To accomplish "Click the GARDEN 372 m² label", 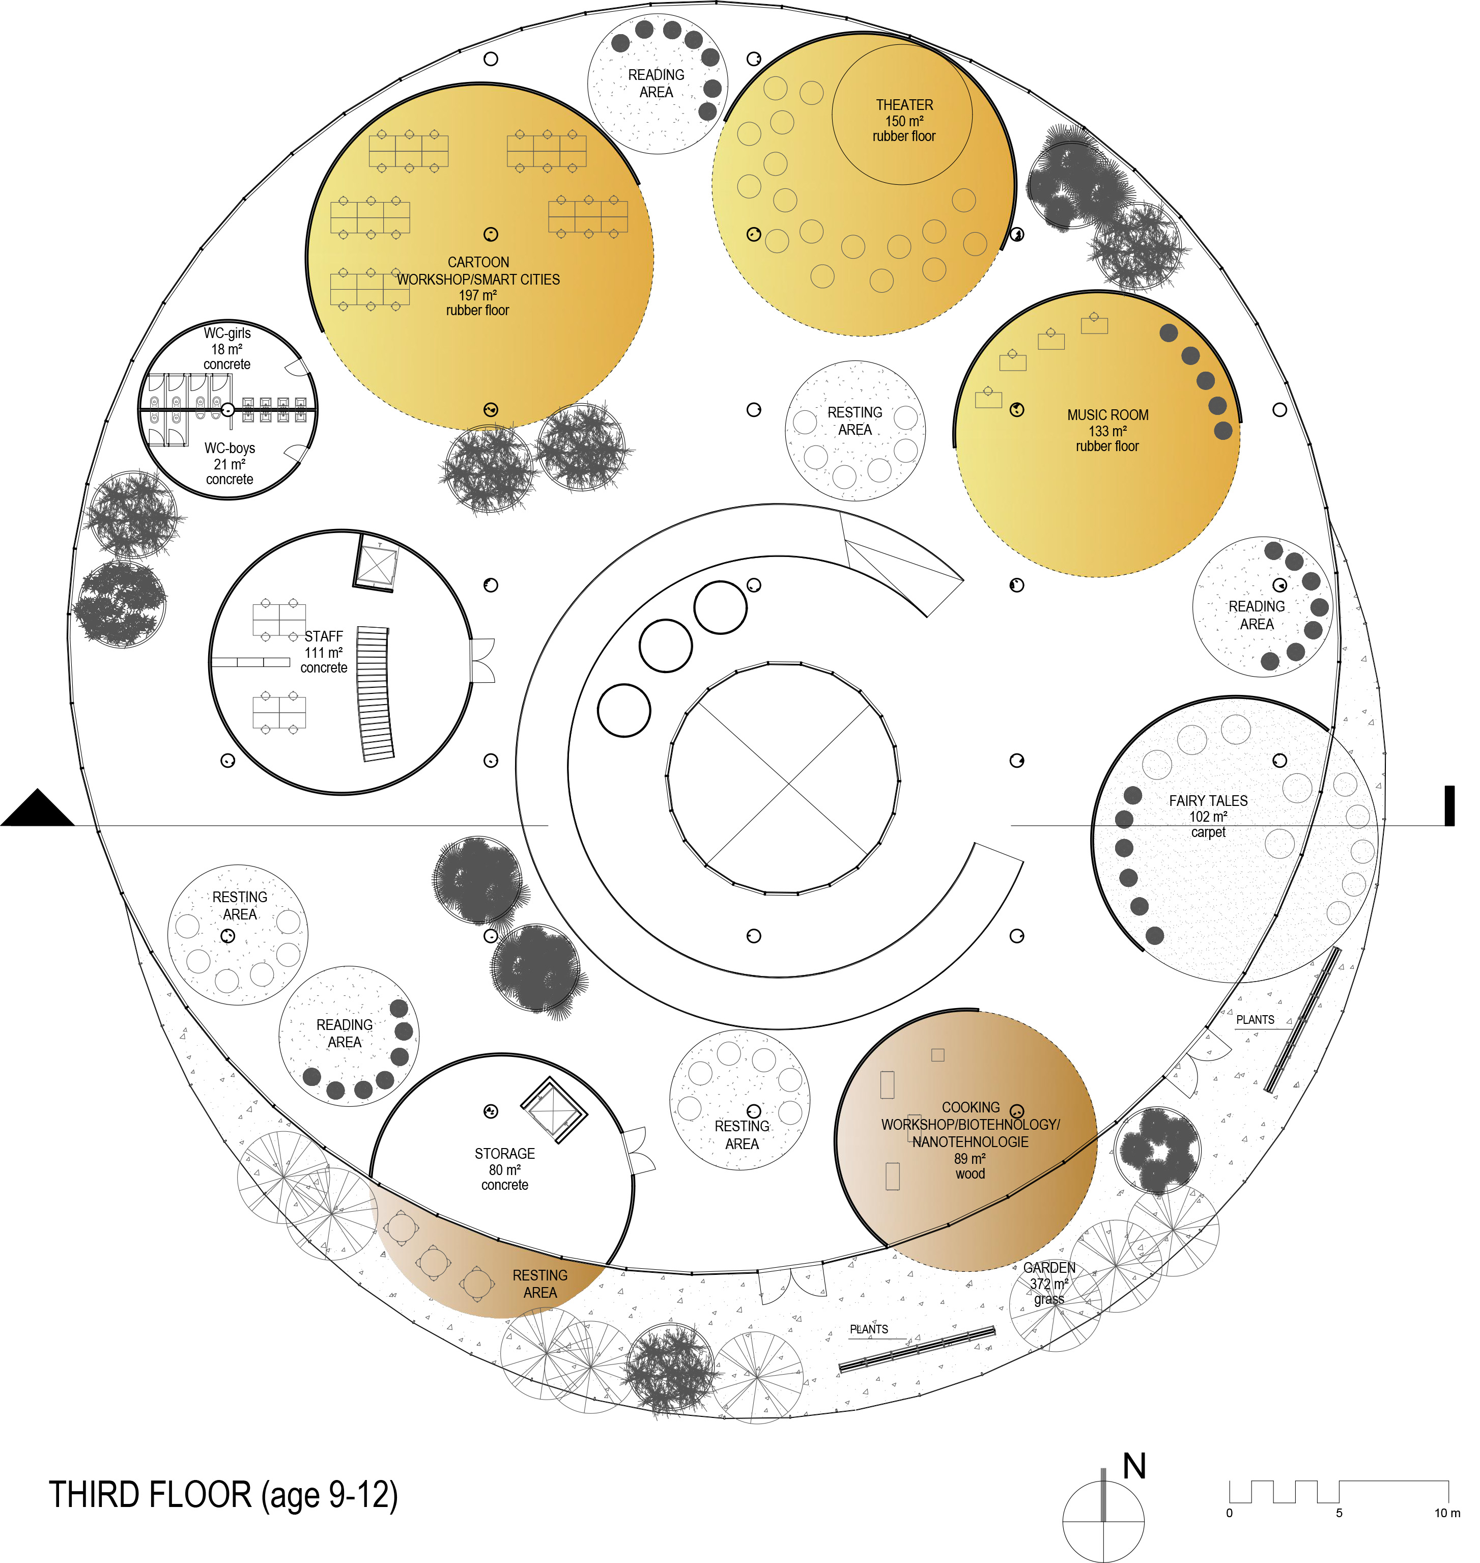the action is click(1049, 1283).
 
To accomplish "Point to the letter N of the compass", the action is click(1134, 1465).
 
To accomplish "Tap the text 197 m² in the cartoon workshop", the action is click(478, 295).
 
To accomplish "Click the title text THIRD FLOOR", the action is click(150, 1495).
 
